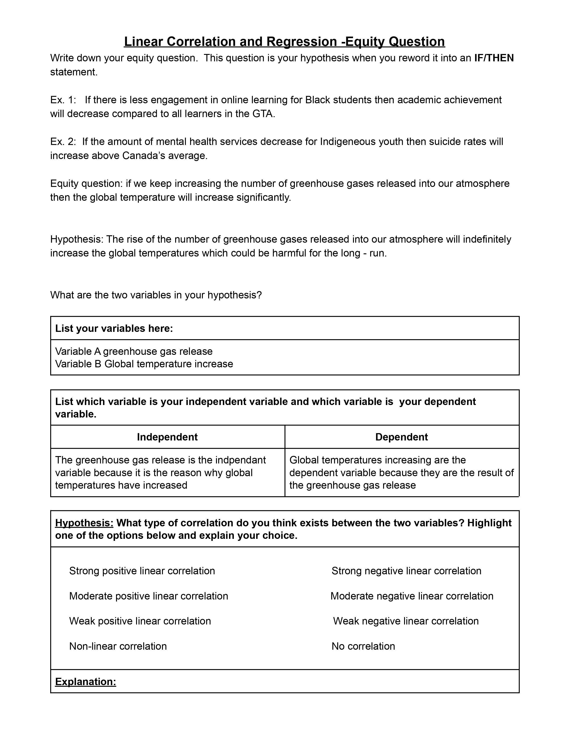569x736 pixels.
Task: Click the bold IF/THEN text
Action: pyautogui.click(x=494, y=58)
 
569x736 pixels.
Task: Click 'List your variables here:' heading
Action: pyautogui.click(x=114, y=328)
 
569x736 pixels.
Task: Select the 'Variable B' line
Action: pyautogui.click(x=144, y=364)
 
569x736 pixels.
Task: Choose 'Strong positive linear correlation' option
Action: pyautogui.click(x=142, y=571)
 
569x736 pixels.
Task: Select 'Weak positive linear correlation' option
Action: pyautogui.click(x=140, y=621)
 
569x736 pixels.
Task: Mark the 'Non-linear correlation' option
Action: pyautogui.click(x=118, y=646)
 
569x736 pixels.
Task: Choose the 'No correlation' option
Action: pyautogui.click(x=363, y=646)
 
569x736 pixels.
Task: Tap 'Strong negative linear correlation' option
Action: pyautogui.click(x=406, y=571)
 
